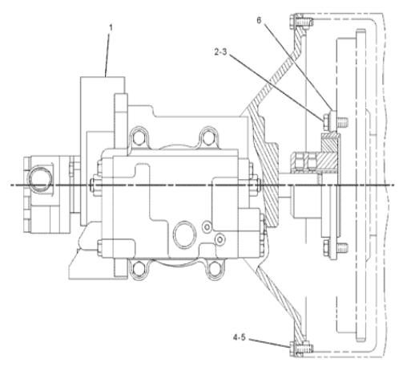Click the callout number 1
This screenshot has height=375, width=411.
click(111, 27)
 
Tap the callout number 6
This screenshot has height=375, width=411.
click(259, 20)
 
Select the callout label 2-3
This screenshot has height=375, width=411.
click(220, 52)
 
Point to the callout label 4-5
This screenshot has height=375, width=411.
click(239, 337)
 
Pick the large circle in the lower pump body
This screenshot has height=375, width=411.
click(184, 234)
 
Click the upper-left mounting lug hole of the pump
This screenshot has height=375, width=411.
click(139, 138)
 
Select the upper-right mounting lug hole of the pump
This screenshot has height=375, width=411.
click(208, 137)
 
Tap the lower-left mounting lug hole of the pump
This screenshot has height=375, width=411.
click(139, 269)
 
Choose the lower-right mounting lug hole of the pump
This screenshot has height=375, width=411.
click(215, 268)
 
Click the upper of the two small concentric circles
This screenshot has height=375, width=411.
click(207, 226)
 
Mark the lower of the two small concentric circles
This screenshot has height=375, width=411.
click(220, 239)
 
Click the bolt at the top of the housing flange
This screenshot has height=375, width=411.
click(301, 21)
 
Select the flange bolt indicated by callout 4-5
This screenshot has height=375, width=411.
click(301, 349)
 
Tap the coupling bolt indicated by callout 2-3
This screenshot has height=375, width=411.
click(335, 122)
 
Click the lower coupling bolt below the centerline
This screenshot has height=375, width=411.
click(335, 247)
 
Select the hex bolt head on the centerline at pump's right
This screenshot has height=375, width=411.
click(256, 185)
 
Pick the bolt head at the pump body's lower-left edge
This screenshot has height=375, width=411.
click(99, 247)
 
